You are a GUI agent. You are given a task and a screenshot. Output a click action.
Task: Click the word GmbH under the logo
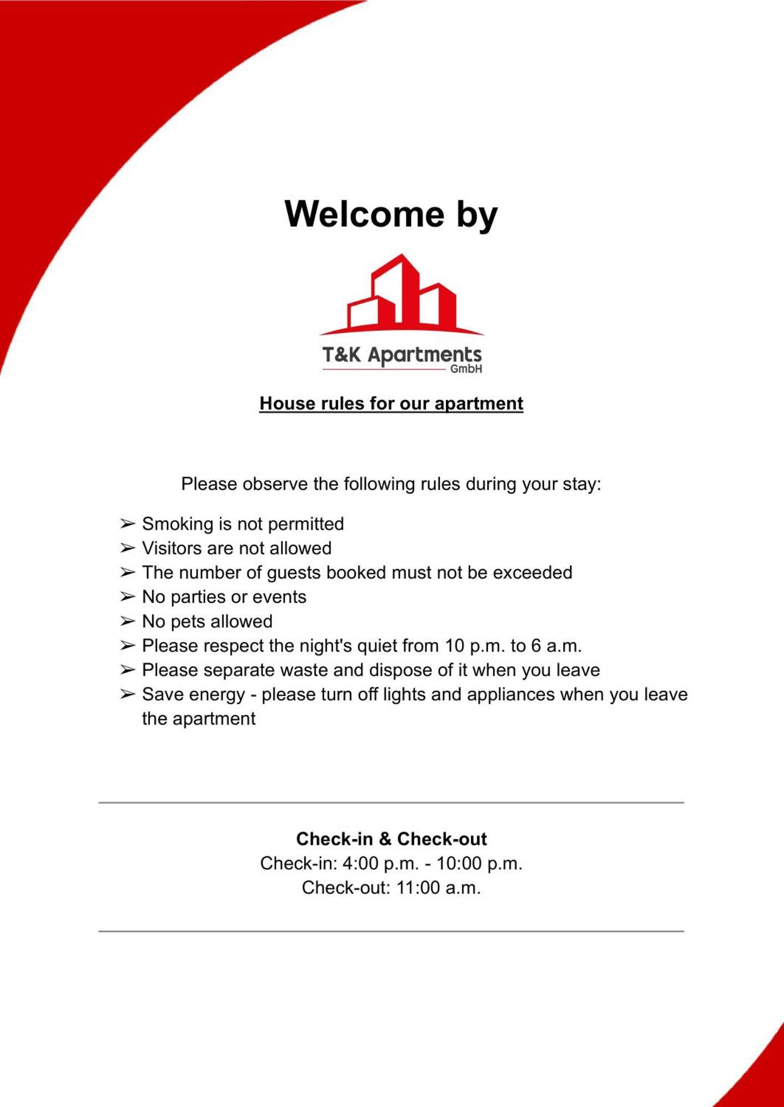point(466,369)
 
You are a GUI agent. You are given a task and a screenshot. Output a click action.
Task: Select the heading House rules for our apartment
point(391,404)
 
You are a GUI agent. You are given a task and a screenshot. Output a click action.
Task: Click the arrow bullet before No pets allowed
point(127,621)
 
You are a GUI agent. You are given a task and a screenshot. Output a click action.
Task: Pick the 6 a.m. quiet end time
point(556,645)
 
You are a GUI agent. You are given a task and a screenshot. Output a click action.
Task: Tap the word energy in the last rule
point(217,695)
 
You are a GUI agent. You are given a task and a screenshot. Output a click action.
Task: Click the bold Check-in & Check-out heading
point(391,839)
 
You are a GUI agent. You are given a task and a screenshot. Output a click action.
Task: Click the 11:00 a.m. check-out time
point(438,887)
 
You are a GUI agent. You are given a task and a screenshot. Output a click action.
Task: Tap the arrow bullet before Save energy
point(127,694)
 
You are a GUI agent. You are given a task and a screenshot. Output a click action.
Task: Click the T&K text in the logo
point(341,355)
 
